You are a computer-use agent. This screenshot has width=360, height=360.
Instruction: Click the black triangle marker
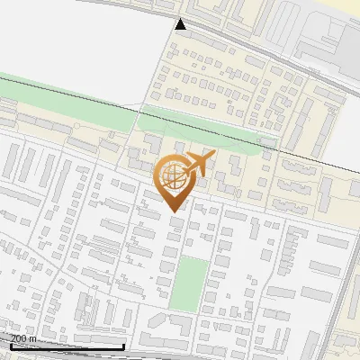pos(181,24)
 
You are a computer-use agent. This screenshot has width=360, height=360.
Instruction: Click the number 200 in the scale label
pos(18,337)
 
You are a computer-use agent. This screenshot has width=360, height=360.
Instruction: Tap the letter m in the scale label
pos(32,337)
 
